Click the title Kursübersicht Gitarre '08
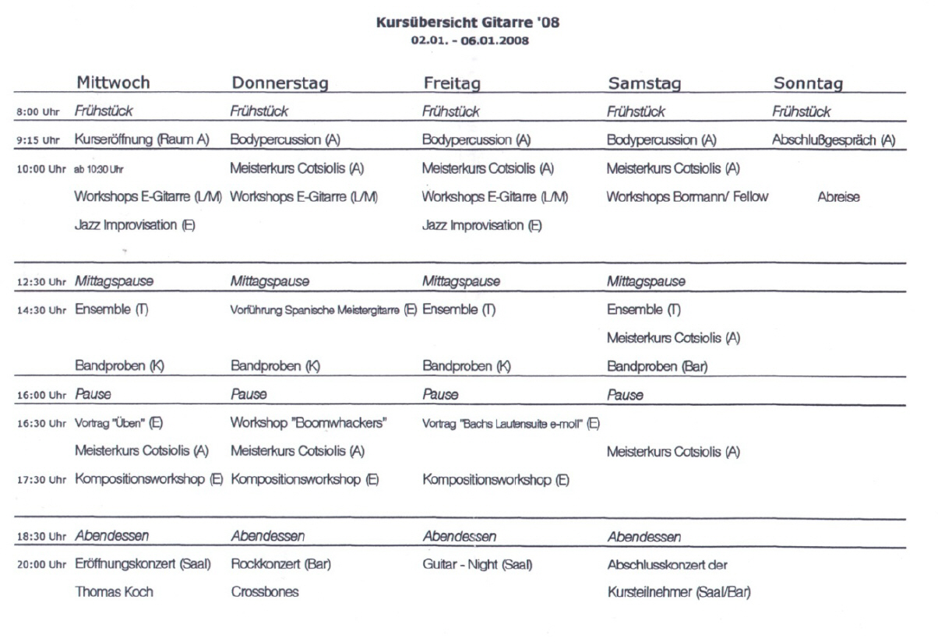tap(467, 23)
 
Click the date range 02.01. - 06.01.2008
tap(467, 41)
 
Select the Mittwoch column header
tap(113, 83)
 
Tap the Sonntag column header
tap(808, 83)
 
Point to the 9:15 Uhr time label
tap(38, 141)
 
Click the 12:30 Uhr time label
tap(41, 282)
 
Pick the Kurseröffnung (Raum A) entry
tap(142, 140)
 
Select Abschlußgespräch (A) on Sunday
tap(833, 140)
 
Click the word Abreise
tap(839, 197)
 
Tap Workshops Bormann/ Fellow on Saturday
tap(687, 197)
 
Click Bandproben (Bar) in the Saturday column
tap(656, 366)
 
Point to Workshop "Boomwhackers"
tap(309, 423)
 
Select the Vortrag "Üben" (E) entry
tap(118, 423)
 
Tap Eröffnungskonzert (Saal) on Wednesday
tap(143, 564)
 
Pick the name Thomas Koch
tap(114, 592)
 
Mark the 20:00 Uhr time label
tap(41, 565)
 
